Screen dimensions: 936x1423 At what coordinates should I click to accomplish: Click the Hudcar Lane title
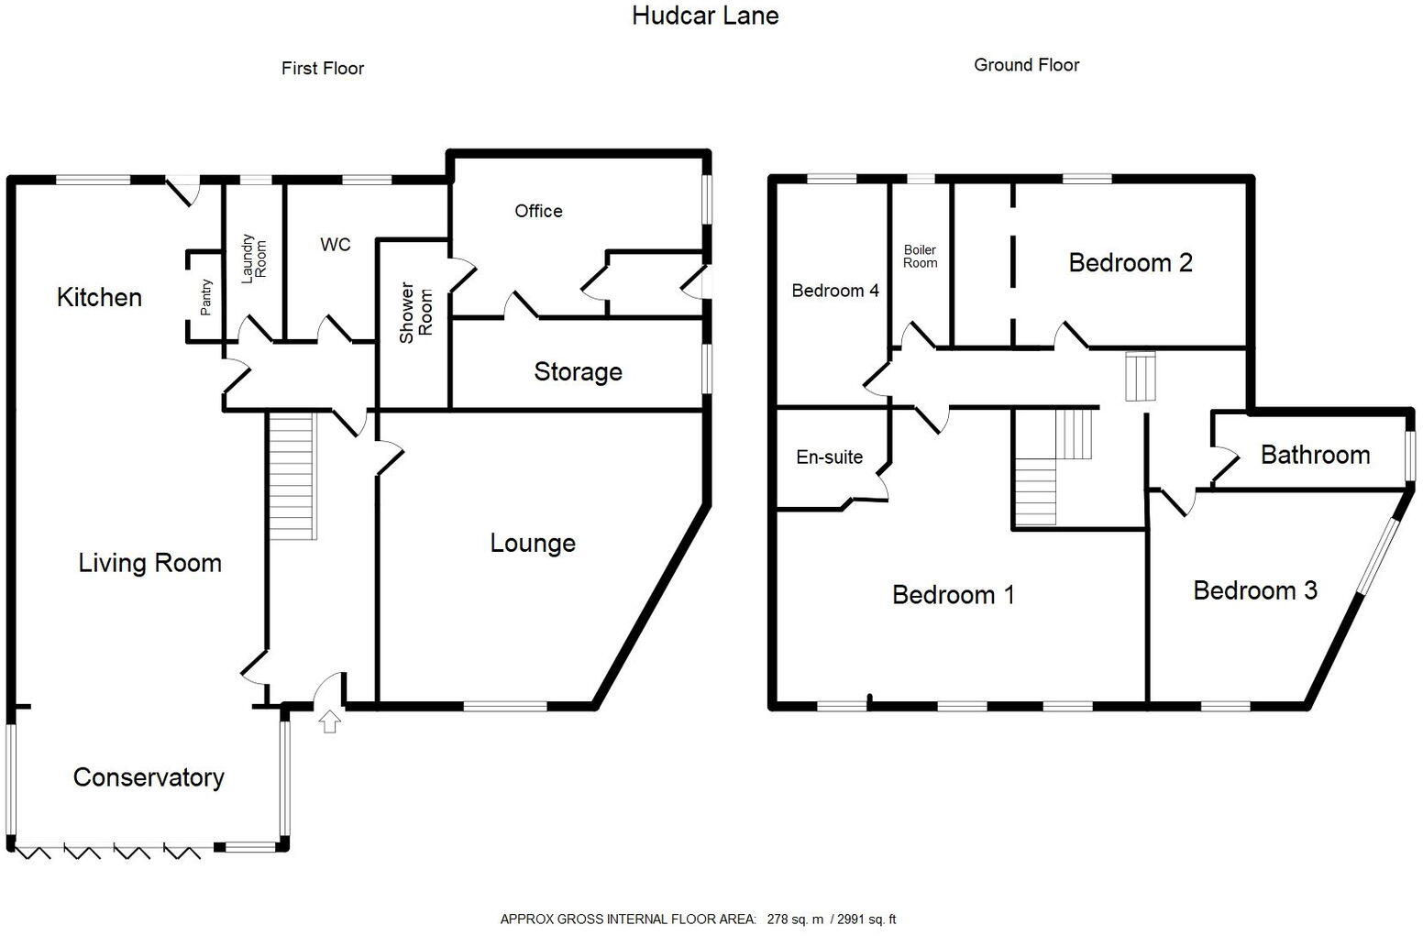[705, 16]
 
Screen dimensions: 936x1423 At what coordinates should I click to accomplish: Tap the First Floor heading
[323, 69]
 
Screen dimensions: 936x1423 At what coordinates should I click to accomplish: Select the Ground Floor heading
[1026, 65]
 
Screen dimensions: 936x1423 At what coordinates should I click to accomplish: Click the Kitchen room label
[99, 297]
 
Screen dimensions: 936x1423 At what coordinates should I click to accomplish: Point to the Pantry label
[206, 297]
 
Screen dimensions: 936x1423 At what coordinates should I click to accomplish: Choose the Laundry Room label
[253, 258]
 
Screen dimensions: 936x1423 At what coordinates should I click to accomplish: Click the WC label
[335, 245]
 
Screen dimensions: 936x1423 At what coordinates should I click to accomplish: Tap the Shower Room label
[415, 314]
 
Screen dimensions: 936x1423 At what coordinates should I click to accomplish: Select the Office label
[538, 211]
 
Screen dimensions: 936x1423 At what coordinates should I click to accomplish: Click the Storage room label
[578, 371]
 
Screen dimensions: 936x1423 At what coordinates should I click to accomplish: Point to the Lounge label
[533, 543]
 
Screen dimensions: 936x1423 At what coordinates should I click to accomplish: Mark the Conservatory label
[149, 777]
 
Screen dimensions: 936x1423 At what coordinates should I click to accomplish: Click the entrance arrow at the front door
[330, 722]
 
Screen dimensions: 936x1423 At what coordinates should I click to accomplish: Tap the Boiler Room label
[920, 256]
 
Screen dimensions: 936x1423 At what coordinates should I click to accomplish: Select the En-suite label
[829, 457]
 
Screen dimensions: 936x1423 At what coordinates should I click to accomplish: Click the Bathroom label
[1315, 455]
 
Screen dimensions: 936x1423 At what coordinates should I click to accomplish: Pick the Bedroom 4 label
[835, 291]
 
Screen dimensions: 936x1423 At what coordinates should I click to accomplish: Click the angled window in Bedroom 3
[1379, 556]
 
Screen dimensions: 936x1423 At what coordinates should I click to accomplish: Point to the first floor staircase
[292, 477]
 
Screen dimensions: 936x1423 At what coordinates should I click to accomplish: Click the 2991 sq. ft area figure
[867, 919]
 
